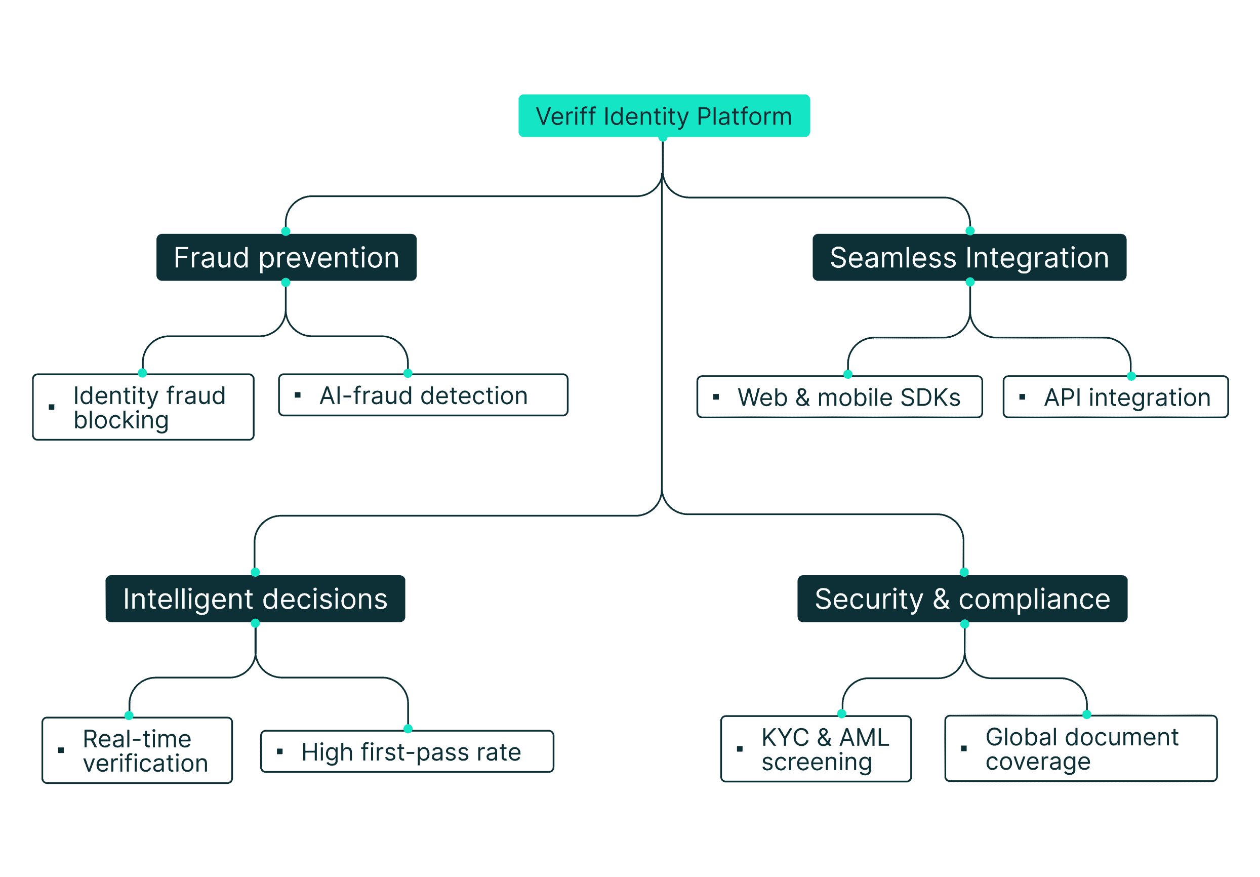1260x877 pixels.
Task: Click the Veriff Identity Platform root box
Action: pyautogui.click(x=664, y=116)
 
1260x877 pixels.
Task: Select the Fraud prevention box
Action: pyautogui.click(x=286, y=257)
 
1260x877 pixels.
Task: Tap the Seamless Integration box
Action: pyautogui.click(x=969, y=257)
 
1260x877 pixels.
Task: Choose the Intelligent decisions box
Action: pyautogui.click(x=255, y=599)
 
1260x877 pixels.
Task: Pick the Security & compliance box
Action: pyautogui.click(x=962, y=599)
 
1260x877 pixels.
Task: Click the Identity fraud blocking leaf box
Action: pyautogui.click(x=143, y=407)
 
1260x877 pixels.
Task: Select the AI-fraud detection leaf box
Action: pyautogui.click(x=423, y=395)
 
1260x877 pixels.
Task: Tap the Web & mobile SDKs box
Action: pyautogui.click(x=839, y=397)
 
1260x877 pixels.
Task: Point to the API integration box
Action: pyautogui.click(x=1115, y=397)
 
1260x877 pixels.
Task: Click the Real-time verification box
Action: pyautogui.click(x=137, y=750)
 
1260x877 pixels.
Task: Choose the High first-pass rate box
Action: pyautogui.click(x=407, y=751)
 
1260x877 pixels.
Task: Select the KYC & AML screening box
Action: pyautogui.click(x=816, y=748)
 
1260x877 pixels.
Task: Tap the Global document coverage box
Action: pyautogui.click(x=1081, y=748)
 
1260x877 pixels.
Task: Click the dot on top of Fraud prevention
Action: pyautogui.click(x=286, y=231)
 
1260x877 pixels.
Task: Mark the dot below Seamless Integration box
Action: pyautogui.click(x=970, y=282)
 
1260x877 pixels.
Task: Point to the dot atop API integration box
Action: pyautogui.click(x=1131, y=376)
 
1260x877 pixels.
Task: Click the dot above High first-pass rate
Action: pyautogui.click(x=408, y=729)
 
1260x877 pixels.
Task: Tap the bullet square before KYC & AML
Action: pyautogui.click(x=739, y=748)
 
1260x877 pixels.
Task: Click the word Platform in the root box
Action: pyautogui.click(x=744, y=116)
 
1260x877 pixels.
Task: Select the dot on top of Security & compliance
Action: pyautogui.click(x=964, y=572)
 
